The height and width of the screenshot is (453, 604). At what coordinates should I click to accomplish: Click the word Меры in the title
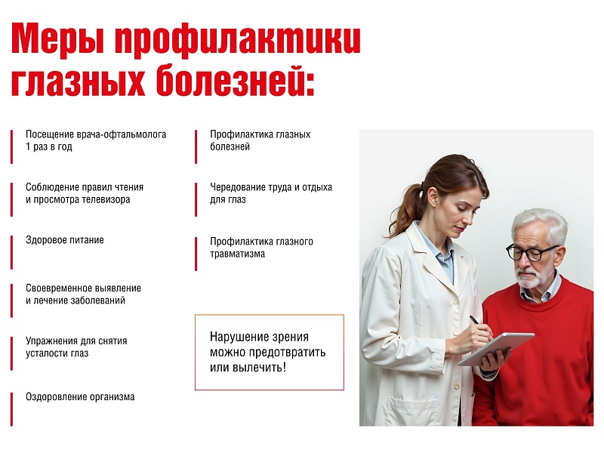pos(58,39)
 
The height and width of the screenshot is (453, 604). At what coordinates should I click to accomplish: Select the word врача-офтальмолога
pos(122,134)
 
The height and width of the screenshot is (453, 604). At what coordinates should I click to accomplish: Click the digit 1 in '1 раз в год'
pos(28,146)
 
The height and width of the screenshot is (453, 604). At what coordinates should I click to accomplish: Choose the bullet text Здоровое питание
pos(65,240)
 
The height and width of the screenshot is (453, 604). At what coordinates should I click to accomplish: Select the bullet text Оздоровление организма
pos(80,397)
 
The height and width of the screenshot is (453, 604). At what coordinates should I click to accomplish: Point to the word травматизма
pos(237,254)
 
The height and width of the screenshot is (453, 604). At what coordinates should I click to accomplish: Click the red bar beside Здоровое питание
pos(11,252)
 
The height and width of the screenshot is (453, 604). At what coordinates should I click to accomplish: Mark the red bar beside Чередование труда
pos(196,199)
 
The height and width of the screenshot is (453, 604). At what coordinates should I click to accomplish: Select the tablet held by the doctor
pos(496,349)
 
